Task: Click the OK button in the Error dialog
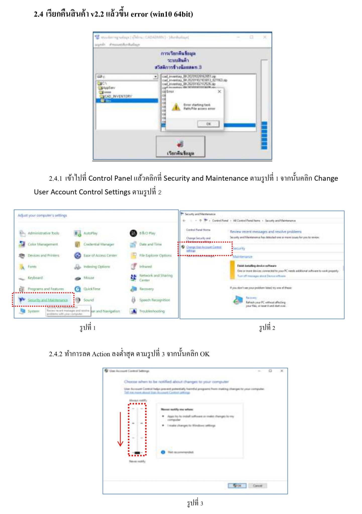click(208, 124)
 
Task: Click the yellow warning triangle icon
click(176, 107)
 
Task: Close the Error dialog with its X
click(219, 92)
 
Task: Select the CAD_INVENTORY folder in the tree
click(118, 96)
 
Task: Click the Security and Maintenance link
click(48, 300)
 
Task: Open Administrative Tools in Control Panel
click(43, 233)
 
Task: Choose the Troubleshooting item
click(152, 311)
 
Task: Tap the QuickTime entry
click(92, 289)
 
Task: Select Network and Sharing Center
click(156, 278)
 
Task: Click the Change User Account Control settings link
click(203, 248)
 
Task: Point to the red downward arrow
click(120, 429)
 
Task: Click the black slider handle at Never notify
click(137, 453)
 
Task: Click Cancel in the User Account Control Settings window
click(257, 486)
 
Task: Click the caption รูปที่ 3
click(195, 503)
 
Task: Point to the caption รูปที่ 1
click(87, 328)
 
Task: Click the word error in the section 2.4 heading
click(139, 14)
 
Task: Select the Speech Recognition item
click(154, 300)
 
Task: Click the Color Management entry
click(42, 244)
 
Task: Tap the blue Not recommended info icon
click(163, 452)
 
